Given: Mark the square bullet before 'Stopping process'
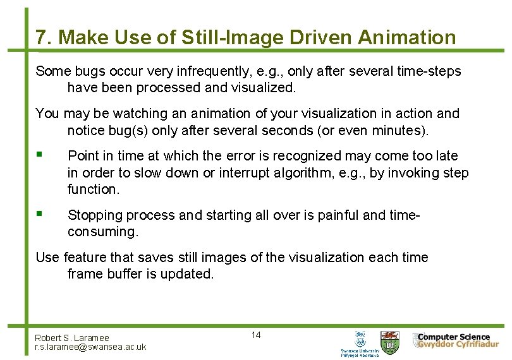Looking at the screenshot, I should point(39,214).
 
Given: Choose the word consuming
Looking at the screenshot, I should point(102,232).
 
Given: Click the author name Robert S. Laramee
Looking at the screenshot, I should point(71,338).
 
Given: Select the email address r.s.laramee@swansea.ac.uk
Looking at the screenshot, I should point(90,347).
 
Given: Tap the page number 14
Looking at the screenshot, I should point(256,335).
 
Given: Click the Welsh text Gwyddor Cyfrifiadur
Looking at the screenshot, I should point(456,345).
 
